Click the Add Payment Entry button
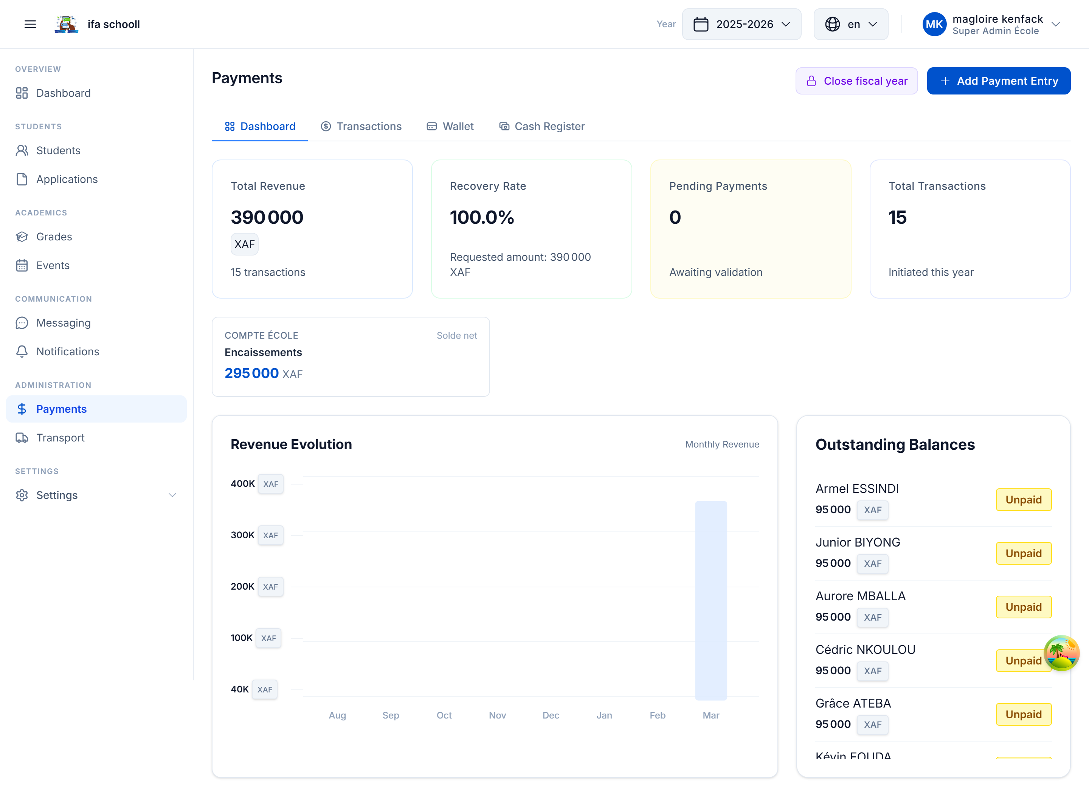click(x=998, y=81)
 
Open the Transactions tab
click(x=361, y=126)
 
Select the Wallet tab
click(x=450, y=126)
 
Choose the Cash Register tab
click(x=542, y=126)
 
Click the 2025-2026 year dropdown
click(x=742, y=24)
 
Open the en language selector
click(x=851, y=24)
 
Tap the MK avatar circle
click(x=934, y=24)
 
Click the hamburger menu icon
click(x=30, y=24)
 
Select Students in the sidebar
click(x=58, y=150)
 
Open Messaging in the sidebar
click(x=63, y=323)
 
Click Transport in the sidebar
click(x=60, y=438)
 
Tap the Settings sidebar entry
click(x=57, y=496)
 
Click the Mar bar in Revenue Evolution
click(x=711, y=600)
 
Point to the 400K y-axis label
click(x=242, y=484)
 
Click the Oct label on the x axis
click(x=444, y=715)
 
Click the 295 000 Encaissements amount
click(x=251, y=373)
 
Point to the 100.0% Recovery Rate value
click(x=482, y=217)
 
